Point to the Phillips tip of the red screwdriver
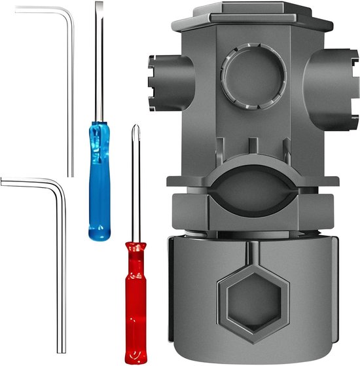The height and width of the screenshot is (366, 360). [x=135, y=128]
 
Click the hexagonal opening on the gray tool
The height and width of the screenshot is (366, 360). [x=251, y=302]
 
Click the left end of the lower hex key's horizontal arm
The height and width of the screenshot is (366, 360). [x=3, y=183]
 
